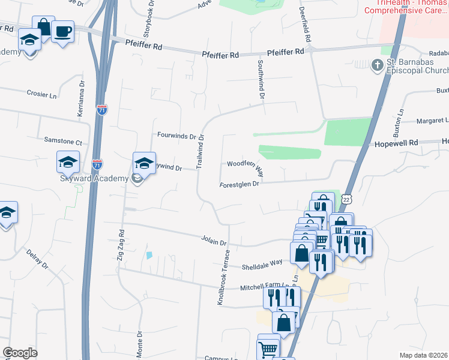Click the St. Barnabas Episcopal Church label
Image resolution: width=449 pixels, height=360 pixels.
[x=415, y=67]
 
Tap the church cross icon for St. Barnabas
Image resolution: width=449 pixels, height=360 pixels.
[x=378, y=64]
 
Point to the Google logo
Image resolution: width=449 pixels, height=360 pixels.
[x=20, y=353]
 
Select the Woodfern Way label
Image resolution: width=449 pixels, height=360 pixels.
[x=245, y=166]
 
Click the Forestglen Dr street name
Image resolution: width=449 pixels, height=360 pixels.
[x=239, y=184]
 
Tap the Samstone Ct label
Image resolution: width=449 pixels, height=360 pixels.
[x=63, y=141]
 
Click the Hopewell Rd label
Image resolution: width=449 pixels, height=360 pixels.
[x=396, y=144]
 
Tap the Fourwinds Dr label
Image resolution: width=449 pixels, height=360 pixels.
[x=177, y=136]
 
